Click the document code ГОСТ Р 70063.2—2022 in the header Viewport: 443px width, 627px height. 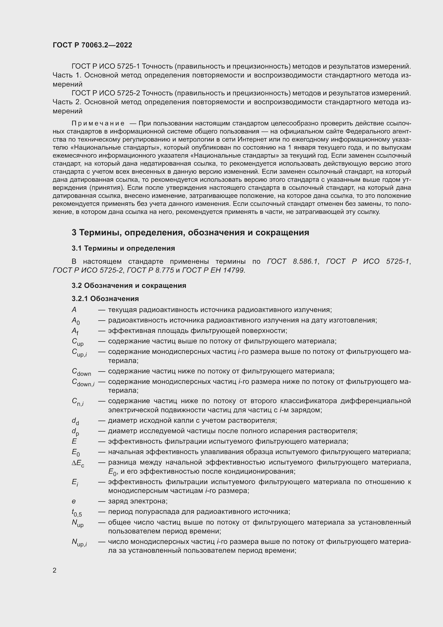click(92, 45)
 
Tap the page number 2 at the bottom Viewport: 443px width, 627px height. click(55, 570)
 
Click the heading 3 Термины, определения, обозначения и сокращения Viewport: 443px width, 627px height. click(190, 232)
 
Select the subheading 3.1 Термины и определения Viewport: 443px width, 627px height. click(123, 248)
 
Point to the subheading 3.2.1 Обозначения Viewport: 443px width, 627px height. click(105, 298)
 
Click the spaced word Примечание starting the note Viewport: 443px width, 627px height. click(98, 123)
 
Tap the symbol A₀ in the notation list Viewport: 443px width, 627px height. click(76, 321)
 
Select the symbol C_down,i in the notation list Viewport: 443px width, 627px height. click(83, 382)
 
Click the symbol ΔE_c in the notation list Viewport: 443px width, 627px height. click(78, 463)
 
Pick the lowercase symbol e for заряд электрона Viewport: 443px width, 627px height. click(74, 501)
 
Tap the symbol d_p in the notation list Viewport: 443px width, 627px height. click(75, 432)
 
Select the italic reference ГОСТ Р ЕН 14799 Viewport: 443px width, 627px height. click(213, 270)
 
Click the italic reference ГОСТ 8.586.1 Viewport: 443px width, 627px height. click(292, 261)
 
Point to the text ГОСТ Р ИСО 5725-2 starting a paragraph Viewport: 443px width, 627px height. click(106, 93)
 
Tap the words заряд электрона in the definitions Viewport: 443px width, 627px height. click(137, 501)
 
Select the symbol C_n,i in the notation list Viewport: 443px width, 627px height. click(77, 402)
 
